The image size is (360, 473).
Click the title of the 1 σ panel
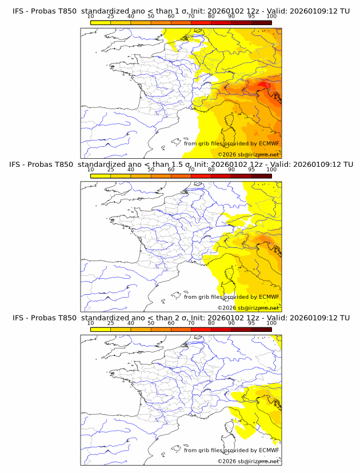click(x=181, y=11)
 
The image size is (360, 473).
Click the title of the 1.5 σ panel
click(x=181, y=165)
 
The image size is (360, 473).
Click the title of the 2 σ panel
click(x=181, y=318)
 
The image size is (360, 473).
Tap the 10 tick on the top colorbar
click(x=91, y=17)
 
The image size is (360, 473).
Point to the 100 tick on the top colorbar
click(x=271, y=17)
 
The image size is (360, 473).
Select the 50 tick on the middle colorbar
click(x=151, y=170)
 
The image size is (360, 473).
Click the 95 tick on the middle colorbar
click(x=251, y=170)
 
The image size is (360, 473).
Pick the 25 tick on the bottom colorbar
click(x=111, y=323)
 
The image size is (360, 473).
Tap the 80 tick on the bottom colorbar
click(x=211, y=323)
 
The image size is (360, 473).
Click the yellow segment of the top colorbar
click(x=101, y=22)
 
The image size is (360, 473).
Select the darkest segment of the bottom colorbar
click(x=261, y=329)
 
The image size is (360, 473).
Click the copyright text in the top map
click(x=248, y=154)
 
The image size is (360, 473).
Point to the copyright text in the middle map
click(x=248, y=307)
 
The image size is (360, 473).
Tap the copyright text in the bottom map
click(x=248, y=460)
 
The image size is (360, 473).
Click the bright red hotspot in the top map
click(x=263, y=85)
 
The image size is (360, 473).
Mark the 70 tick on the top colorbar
click(x=191, y=17)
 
